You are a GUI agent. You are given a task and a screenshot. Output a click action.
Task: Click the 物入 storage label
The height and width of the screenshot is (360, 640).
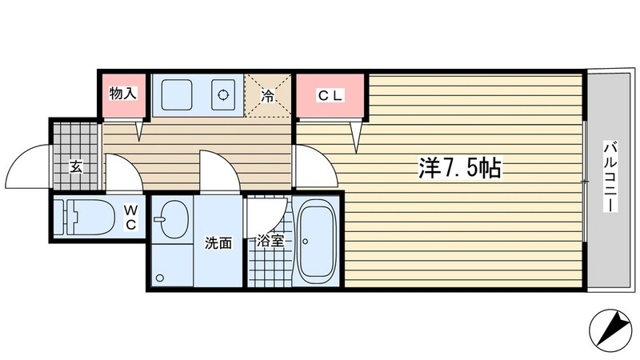tap(122, 94)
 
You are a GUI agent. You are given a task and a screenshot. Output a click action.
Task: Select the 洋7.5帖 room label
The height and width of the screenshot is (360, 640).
tap(459, 168)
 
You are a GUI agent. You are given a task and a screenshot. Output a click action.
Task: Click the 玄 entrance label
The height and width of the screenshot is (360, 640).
tap(76, 167)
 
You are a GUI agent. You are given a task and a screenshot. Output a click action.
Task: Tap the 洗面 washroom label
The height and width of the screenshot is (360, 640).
tap(218, 242)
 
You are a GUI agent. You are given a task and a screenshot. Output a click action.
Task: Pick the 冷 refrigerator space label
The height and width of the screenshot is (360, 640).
tap(268, 96)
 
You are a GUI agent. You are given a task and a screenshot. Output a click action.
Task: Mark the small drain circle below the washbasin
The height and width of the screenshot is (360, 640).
tap(160, 278)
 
